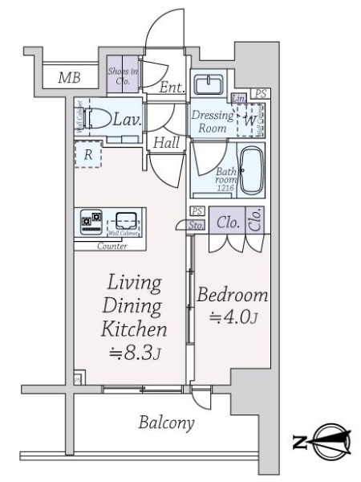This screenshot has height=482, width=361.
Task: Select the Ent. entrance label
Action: coord(169,88)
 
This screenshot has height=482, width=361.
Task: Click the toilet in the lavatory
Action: coord(100,119)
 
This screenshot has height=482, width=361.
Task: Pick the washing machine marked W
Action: coord(252,120)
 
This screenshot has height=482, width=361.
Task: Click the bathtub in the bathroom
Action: coord(254,170)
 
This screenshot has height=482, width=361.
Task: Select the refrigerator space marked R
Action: coord(87,155)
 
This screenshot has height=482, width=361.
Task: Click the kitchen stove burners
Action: coord(91,221)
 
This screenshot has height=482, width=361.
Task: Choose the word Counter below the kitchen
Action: coord(112,246)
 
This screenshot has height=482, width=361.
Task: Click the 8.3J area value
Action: coord(134,351)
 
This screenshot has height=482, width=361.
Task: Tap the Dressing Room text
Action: coord(212,120)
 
